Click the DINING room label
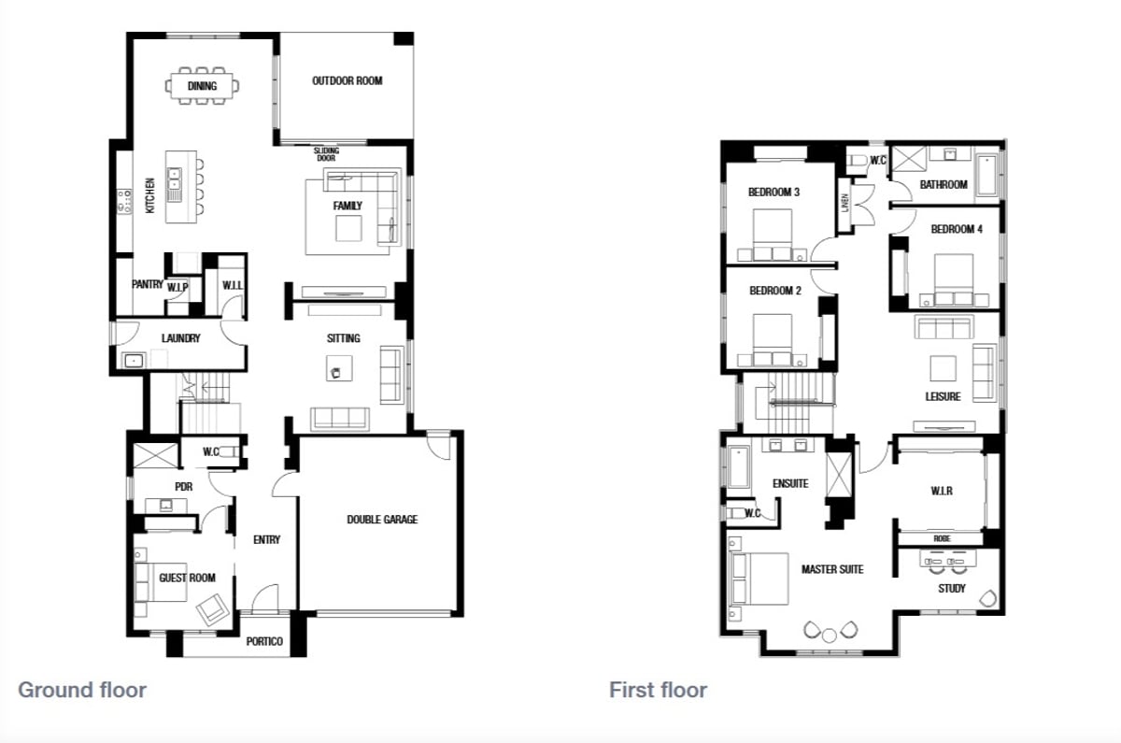[202, 86]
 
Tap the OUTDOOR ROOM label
[348, 80]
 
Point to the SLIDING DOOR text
[326, 154]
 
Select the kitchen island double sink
[174, 178]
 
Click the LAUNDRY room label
[180, 338]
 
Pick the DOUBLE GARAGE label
[382, 520]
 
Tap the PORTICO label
[264, 641]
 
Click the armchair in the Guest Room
[213, 609]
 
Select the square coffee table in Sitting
[339, 368]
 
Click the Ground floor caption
[82, 690]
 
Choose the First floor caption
[658, 690]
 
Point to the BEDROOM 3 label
[773, 192]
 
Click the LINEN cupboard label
[845, 204]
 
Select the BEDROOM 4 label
[957, 229]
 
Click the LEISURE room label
[943, 396]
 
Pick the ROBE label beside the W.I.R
[942, 538]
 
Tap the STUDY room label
[951, 588]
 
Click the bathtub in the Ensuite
[739, 467]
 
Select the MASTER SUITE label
[832, 569]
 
